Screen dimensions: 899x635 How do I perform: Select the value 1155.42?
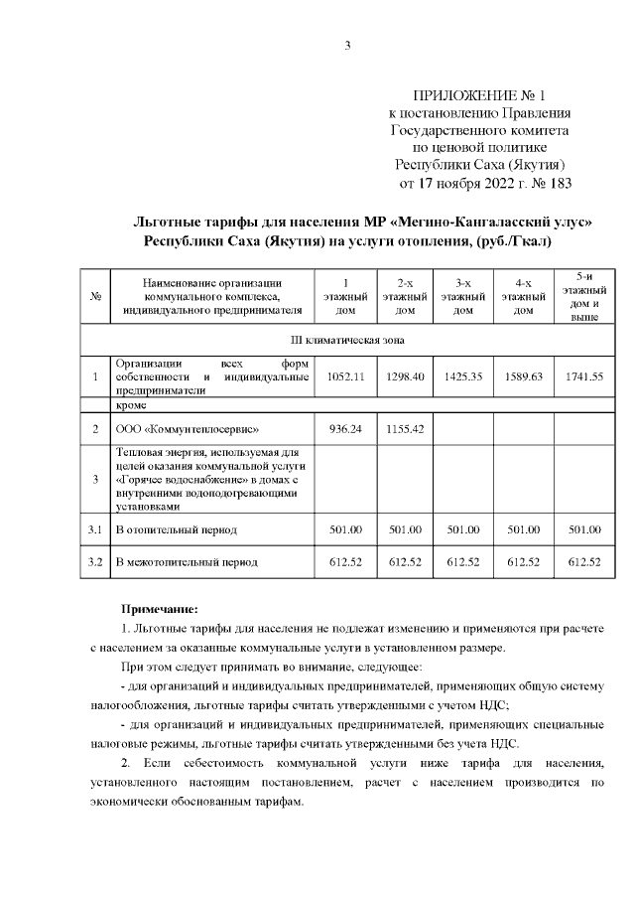click(404, 429)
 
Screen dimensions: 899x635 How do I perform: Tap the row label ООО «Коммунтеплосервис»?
click(188, 429)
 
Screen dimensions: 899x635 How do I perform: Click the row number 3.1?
click(95, 529)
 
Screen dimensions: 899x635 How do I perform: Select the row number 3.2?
click(95, 562)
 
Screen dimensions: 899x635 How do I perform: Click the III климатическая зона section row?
click(346, 341)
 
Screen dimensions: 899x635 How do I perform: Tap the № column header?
click(95, 296)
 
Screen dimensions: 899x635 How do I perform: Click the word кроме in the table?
click(131, 406)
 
